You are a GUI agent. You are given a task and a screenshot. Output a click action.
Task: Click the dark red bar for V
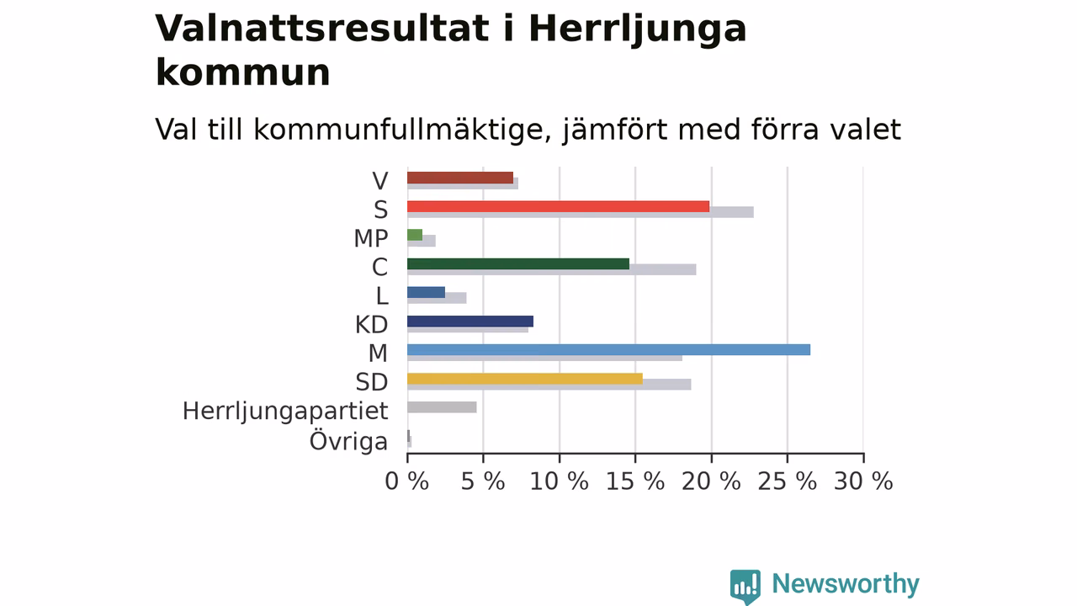pyautogui.click(x=460, y=178)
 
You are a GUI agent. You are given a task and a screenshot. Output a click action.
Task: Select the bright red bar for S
pyautogui.click(x=558, y=206)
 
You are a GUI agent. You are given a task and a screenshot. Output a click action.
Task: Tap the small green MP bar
pyautogui.click(x=415, y=235)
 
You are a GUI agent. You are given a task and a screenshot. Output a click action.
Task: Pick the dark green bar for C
pyautogui.click(x=518, y=263)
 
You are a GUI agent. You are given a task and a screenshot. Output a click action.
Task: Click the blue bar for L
pyautogui.click(x=426, y=292)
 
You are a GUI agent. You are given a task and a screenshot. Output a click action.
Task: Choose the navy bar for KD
pyautogui.click(x=470, y=322)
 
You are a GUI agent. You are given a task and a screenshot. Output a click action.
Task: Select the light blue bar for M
pyautogui.click(x=608, y=349)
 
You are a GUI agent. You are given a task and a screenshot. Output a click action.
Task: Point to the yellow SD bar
pyautogui.click(x=525, y=379)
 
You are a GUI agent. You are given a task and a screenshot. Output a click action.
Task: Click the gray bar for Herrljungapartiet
pyautogui.click(x=442, y=407)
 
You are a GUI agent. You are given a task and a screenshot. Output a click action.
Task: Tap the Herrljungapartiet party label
pyautogui.click(x=285, y=412)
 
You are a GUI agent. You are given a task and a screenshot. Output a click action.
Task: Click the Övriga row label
pyautogui.click(x=348, y=441)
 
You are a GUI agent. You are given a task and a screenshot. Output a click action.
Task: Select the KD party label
pyautogui.click(x=371, y=325)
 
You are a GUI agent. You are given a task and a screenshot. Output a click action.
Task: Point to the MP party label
pyautogui.click(x=371, y=238)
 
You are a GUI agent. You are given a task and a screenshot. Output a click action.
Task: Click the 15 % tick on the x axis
pyautogui.click(x=635, y=481)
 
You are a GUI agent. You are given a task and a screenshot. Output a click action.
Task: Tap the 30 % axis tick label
pyautogui.click(x=863, y=481)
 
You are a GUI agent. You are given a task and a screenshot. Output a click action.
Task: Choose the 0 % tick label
pyautogui.click(x=406, y=481)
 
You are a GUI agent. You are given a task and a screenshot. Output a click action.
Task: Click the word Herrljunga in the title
pyautogui.click(x=638, y=29)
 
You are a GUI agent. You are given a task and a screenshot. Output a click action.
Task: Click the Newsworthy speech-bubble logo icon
pyautogui.click(x=745, y=587)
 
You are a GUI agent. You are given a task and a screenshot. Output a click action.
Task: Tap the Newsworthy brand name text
pyautogui.click(x=846, y=584)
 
